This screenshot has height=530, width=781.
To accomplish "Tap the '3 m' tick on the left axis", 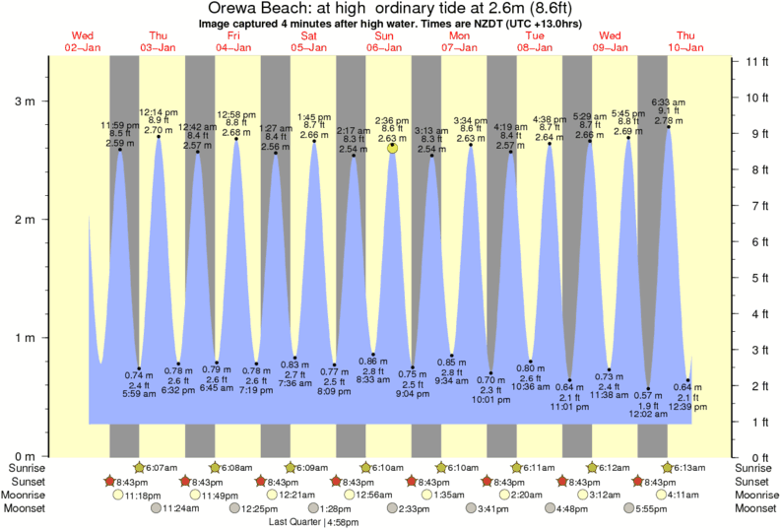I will (25, 101).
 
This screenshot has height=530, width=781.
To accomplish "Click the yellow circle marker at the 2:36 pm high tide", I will (392, 148).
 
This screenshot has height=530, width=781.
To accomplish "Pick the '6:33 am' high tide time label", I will (669, 102).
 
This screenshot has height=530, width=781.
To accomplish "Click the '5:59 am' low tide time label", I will (138, 394).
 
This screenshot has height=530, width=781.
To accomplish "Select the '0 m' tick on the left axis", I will (25, 457).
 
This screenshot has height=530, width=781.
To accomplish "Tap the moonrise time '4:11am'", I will (684, 495).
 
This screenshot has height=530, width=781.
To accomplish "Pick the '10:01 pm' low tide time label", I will (490, 400).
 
